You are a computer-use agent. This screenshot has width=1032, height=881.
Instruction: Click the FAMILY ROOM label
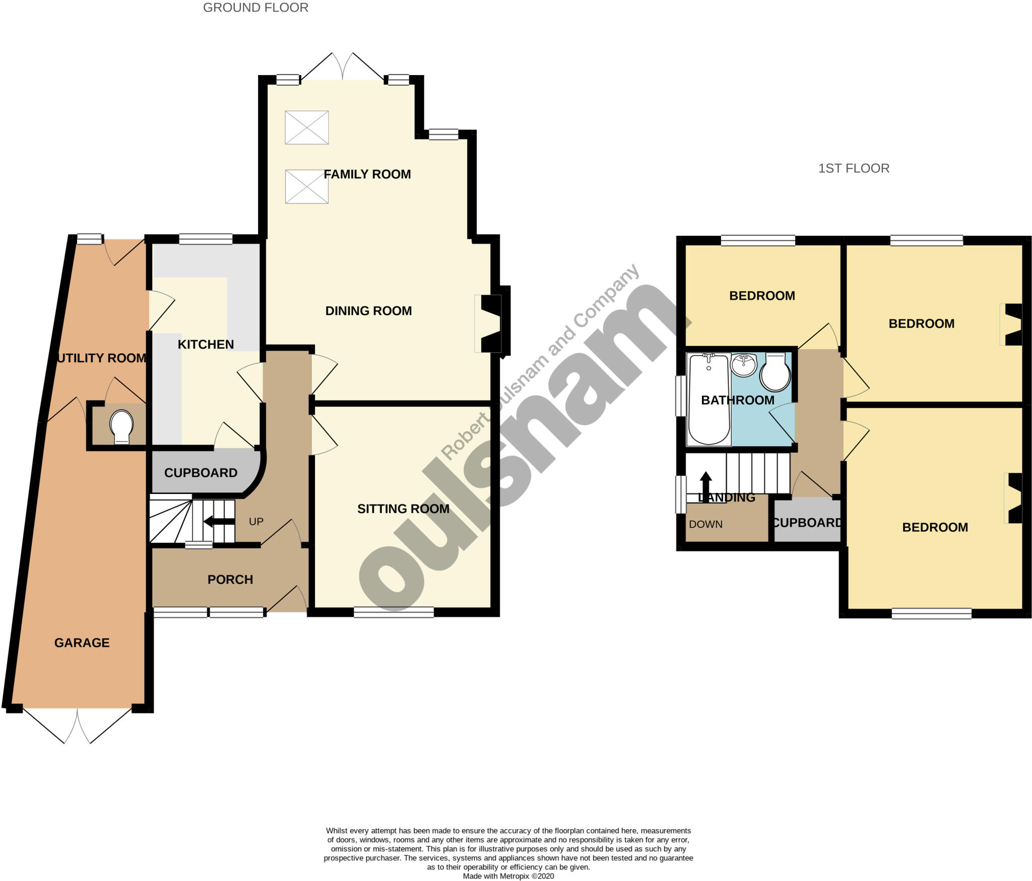click(367, 174)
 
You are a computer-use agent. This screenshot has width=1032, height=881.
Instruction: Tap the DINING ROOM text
click(368, 311)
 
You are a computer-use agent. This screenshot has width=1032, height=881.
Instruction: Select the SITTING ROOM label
click(403, 509)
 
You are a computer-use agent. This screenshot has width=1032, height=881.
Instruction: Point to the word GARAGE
click(82, 643)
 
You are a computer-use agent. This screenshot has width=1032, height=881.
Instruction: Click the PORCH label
click(230, 580)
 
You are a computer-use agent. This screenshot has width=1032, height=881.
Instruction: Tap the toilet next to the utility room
click(121, 426)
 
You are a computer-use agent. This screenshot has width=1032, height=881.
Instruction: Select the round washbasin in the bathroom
click(743, 365)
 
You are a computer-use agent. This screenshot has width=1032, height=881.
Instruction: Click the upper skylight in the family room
click(307, 128)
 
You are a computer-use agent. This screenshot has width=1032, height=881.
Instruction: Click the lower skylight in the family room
click(307, 186)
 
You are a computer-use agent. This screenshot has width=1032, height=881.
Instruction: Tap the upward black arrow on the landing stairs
click(706, 483)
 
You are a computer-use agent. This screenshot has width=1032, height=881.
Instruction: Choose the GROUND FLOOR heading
click(255, 8)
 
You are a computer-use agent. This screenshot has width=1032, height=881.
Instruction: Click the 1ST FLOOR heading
click(854, 168)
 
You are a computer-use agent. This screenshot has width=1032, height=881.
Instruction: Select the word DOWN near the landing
click(705, 524)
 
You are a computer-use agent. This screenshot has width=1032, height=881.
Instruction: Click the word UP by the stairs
click(256, 522)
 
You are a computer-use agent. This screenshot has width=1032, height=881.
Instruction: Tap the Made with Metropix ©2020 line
click(508, 876)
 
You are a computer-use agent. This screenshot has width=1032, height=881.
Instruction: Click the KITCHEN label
click(206, 345)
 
